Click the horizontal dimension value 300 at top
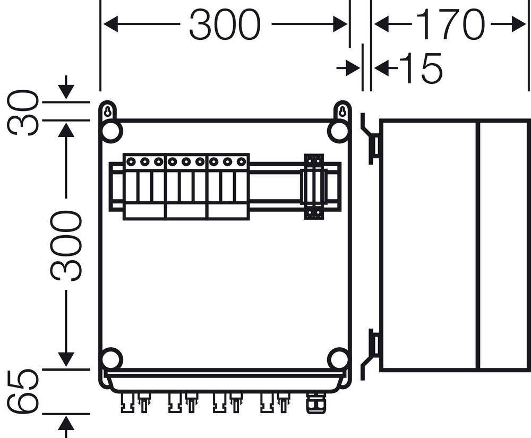[x=225, y=25]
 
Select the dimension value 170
[x=450, y=25]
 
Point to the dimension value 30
[x=24, y=113]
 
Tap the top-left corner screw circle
[x=112, y=132]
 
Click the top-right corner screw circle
[x=338, y=132]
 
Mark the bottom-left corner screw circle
[x=112, y=359]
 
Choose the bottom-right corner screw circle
[x=338, y=359]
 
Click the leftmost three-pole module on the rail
[x=144, y=187]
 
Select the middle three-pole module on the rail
[x=186, y=187]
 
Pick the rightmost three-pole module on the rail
[x=228, y=187]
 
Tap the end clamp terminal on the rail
[x=313, y=187]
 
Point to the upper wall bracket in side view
[x=372, y=139]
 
